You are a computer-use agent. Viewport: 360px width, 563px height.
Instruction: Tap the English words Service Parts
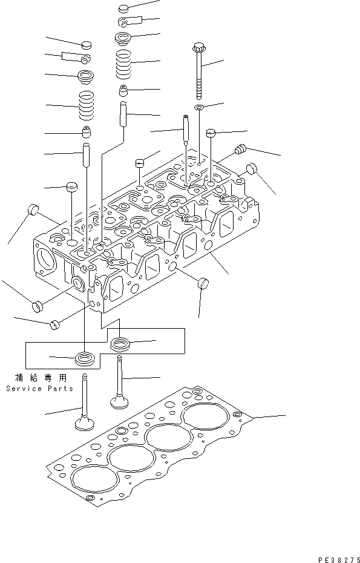tap(40, 389)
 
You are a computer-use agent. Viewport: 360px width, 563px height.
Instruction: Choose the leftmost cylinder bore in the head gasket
tap(94, 481)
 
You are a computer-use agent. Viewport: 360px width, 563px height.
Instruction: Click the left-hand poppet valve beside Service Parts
tap(84, 404)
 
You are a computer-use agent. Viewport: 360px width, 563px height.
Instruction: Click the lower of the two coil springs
tap(88, 105)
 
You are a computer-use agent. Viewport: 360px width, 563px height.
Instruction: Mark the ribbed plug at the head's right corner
tap(240, 148)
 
